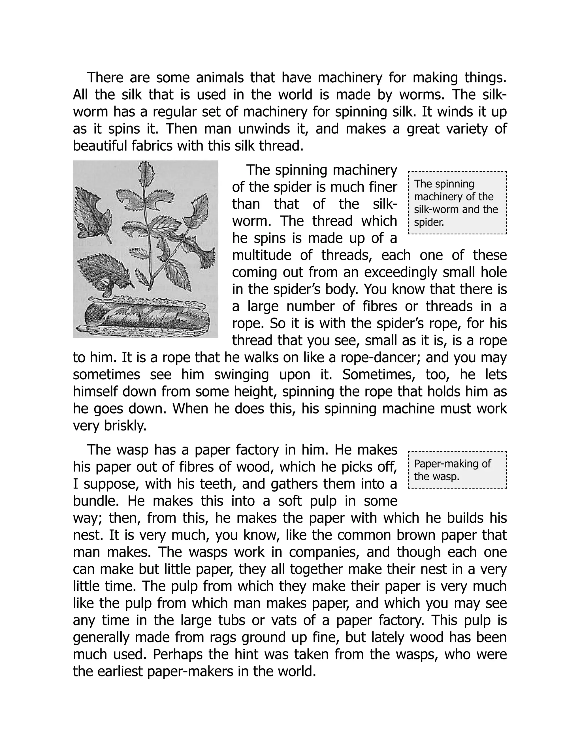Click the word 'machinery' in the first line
(350, 78)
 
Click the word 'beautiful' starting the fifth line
(99, 146)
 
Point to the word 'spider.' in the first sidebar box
(429, 222)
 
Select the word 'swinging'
(241, 375)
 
